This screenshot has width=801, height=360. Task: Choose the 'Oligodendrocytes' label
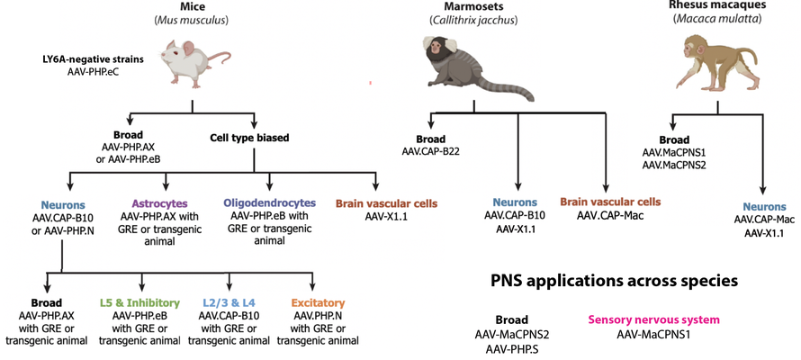coord(269,204)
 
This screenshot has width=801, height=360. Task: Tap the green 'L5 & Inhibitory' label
coord(141,303)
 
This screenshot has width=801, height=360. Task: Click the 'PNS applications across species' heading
coord(613,281)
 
